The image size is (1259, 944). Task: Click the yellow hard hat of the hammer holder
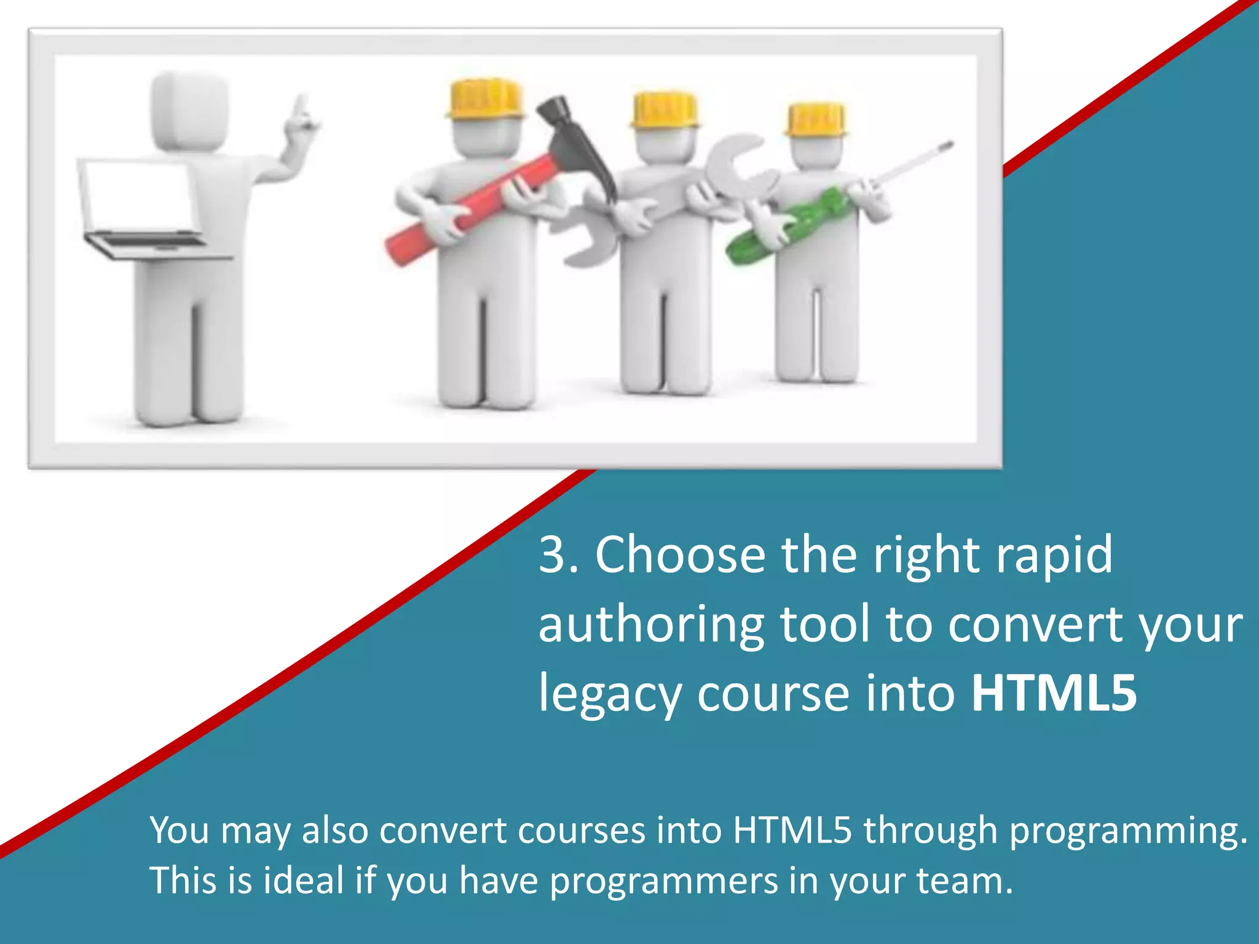point(486,98)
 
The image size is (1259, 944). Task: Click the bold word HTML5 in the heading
point(1054,693)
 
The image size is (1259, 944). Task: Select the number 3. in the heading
point(558,554)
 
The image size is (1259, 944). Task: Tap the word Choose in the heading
point(680,554)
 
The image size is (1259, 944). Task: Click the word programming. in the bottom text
point(1128,831)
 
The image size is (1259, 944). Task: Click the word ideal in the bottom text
point(304,880)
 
